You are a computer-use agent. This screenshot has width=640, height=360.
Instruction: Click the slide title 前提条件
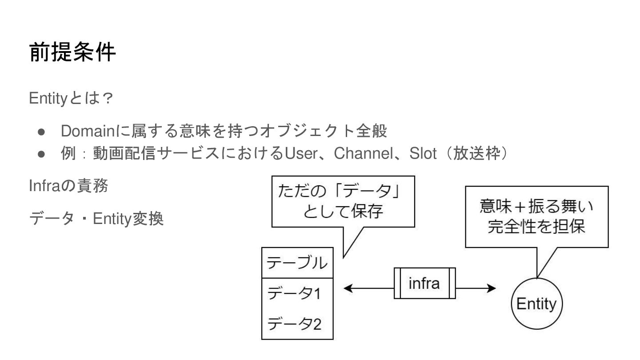72,53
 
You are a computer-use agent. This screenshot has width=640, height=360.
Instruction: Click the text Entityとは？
70,98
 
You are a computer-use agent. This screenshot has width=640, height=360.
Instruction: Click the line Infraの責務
68,185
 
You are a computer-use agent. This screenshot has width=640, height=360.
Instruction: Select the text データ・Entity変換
96,218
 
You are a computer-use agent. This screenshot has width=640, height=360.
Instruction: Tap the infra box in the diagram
424,284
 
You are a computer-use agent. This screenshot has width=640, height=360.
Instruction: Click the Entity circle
537,304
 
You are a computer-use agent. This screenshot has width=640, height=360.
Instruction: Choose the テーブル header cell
297,263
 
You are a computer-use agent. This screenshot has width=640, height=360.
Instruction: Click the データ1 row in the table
294,293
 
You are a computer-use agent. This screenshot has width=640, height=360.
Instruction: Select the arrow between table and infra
369,288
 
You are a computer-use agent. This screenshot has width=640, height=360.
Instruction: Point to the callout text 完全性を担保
536,227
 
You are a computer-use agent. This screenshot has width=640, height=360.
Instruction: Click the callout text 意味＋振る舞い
536,207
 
